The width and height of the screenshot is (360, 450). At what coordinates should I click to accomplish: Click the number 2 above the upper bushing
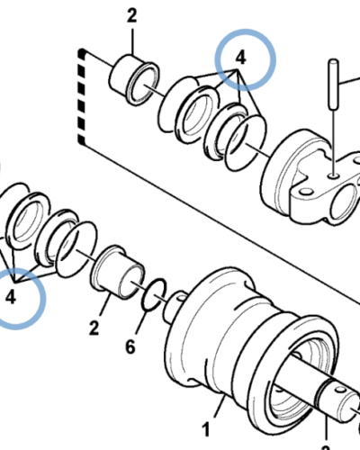tap(131, 15)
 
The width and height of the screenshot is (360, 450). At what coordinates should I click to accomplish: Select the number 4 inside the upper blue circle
tap(241, 57)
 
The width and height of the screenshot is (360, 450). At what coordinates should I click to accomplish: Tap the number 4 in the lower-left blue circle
tap(11, 297)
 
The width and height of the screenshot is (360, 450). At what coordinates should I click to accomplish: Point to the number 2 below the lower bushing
tap(94, 328)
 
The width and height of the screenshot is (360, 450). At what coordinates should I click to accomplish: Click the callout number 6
tap(130, 347)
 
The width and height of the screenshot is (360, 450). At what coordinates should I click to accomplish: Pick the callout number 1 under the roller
tap(206, 429)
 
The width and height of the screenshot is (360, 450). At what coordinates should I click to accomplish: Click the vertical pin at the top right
tap(334, 85)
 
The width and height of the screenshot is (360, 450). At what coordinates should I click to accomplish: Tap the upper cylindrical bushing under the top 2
tap(134, 79)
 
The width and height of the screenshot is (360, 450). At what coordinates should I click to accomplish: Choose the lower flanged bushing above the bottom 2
tap(117, 273)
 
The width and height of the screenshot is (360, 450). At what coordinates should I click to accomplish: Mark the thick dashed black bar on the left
tap(82, 97)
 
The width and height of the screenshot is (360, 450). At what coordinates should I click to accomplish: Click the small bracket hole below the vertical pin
tap(333, 175)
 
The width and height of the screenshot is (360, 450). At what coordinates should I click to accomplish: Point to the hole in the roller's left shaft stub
tap(181, 297)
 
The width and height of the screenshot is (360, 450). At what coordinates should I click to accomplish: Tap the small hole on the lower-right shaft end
tap(341, 391)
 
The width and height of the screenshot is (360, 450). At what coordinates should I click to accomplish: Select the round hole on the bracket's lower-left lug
tap(305, 191)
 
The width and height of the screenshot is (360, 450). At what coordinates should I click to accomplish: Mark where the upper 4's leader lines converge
tap(238, 70)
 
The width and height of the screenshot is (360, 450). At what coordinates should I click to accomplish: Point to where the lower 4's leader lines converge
tap(13, 281)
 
